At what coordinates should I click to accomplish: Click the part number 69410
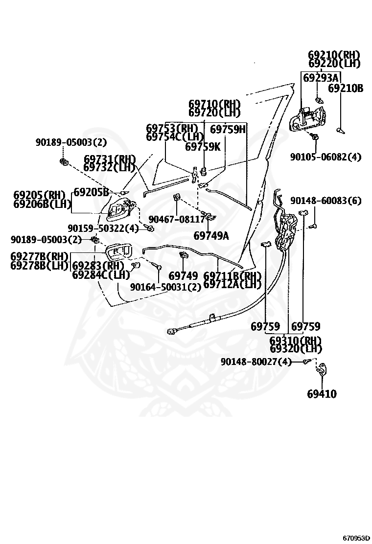click(322, 394)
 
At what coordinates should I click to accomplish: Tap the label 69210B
click(346, 89)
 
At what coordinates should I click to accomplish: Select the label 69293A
click(321, 78)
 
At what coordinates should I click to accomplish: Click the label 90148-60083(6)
click(325, 201)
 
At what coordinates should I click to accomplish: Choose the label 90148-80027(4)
click(256, 362)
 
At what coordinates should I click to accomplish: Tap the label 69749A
click(211, 236)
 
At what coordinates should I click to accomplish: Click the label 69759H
click(228, 129)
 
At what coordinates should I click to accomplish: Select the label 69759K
click(203, 146)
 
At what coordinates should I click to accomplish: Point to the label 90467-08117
click(176, 220)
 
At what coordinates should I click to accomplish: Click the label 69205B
click(91, 192)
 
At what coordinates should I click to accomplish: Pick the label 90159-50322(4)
click(103, 228)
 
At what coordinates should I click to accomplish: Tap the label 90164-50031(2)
click(165, 287)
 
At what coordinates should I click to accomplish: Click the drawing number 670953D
click(356, 538)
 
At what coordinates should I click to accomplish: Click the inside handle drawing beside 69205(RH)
click(116, 210)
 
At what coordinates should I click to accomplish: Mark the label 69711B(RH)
click(233, 276)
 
